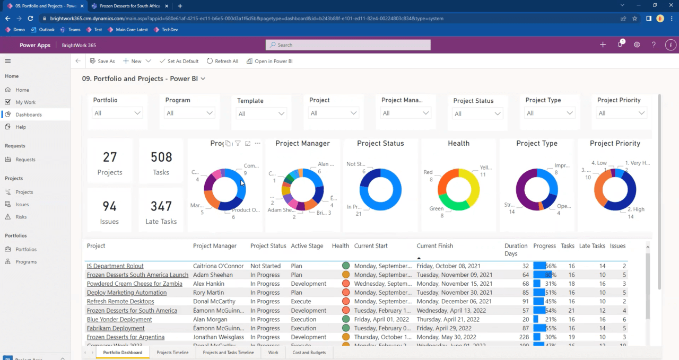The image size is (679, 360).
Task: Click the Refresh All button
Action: pos(222,61)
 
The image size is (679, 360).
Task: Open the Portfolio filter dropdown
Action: pos(117,113)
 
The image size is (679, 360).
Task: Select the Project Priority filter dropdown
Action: pos(621,113)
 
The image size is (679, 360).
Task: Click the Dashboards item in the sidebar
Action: pos(29,115)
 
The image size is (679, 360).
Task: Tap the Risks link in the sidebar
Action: pos(21,217)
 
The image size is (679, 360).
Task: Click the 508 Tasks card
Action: pos(161,162)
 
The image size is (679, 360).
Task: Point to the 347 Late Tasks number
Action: pos(161,206)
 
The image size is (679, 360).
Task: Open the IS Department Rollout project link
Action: pos(115,266)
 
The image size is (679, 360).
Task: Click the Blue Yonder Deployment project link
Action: pos(119,320)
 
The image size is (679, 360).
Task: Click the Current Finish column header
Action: pos(434,246)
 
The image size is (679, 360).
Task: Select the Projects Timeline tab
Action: pos(172,353)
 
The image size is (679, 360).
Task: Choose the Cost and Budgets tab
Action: pos(309,353)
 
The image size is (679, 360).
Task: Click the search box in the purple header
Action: pos(348,45)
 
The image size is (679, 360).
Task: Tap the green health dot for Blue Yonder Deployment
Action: pos(346,319)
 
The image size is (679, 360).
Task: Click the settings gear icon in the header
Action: pos(637,45)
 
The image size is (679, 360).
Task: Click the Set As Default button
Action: pos(179,61)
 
